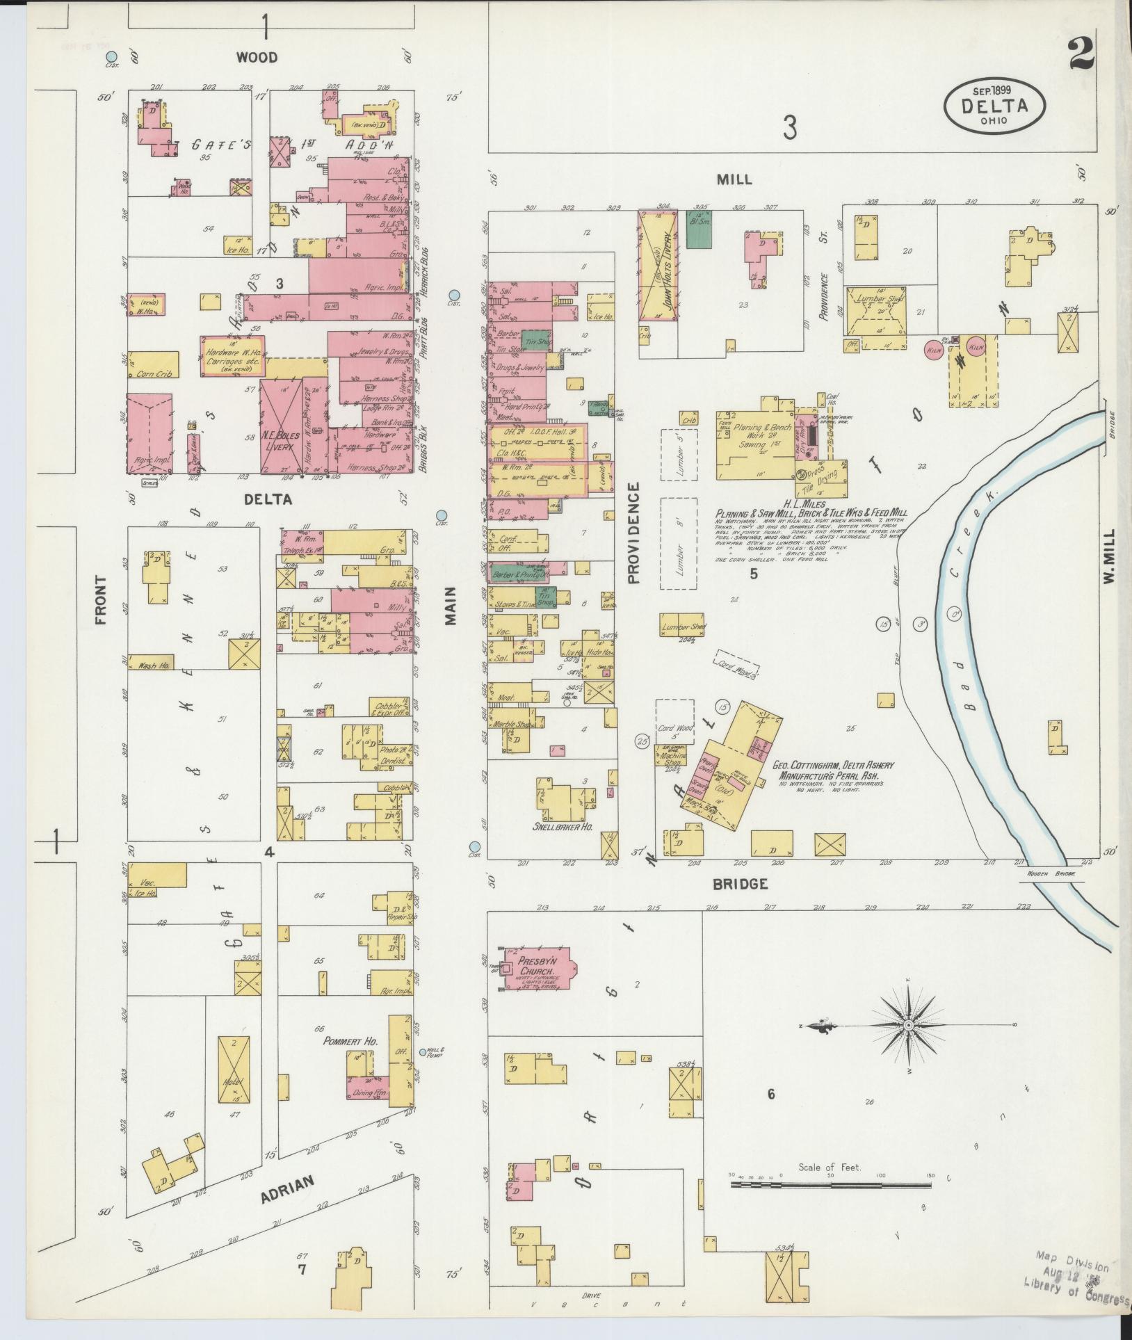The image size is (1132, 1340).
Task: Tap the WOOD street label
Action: click(x=257, y=58)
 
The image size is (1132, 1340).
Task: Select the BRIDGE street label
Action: click(x=739, y=884)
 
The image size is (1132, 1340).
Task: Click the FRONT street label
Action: click(x=101, y=599)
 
